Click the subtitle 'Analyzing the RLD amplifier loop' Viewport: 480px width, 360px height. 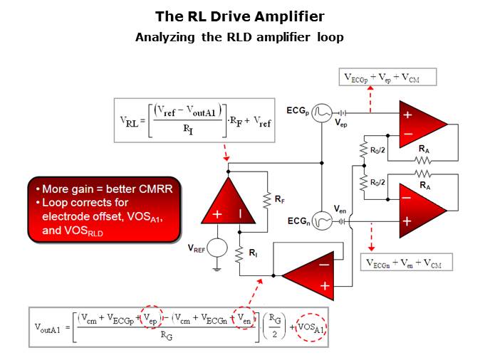pos(239,37)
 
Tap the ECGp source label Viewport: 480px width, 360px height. pos(298,112)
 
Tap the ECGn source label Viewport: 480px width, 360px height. pos(298,221)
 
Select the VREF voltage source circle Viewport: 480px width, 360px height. pos(217,248)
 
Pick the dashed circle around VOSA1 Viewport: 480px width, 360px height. pos(314,329)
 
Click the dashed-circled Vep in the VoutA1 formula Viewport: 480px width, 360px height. pos(149,319)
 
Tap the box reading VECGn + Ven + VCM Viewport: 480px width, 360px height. pos(405,263)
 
